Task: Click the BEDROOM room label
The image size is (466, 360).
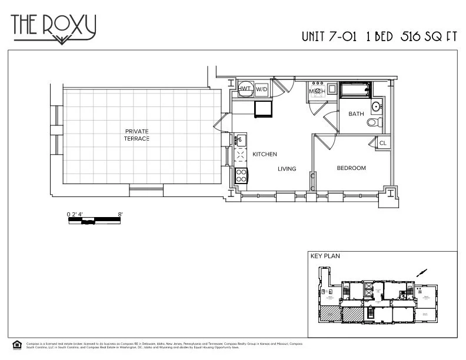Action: click(x=351, y=168)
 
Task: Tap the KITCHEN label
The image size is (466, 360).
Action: click(x=264, y=154)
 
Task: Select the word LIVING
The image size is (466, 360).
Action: click(x=287, y=169)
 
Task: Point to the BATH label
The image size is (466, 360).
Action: click(x=356, y=114)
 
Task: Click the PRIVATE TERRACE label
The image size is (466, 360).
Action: click(x=137, y=135)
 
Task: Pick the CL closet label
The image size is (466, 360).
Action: click(x=382, y=143)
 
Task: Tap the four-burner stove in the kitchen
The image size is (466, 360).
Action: click(x=241, y=174)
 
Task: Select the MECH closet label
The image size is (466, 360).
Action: click(x=317, y=91)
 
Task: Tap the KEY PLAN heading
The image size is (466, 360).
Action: click(x=325, y=256)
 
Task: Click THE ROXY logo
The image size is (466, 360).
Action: click(x=54, y=27)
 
